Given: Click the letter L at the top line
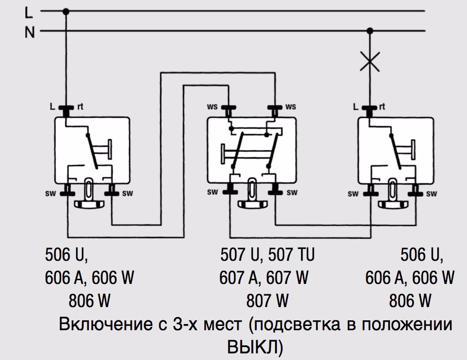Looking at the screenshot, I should [29, 10].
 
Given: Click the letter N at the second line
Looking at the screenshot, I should [29, 32].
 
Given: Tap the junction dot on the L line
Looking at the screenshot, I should [66, 10].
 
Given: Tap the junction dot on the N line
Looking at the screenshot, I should [370, 31].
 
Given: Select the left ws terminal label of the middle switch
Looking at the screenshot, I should [212, 107].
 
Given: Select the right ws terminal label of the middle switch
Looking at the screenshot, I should [291, 107].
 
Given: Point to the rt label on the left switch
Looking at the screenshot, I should [80, 107].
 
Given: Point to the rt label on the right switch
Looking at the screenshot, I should [381, 107].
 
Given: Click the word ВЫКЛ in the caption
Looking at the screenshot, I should [255, 347].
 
